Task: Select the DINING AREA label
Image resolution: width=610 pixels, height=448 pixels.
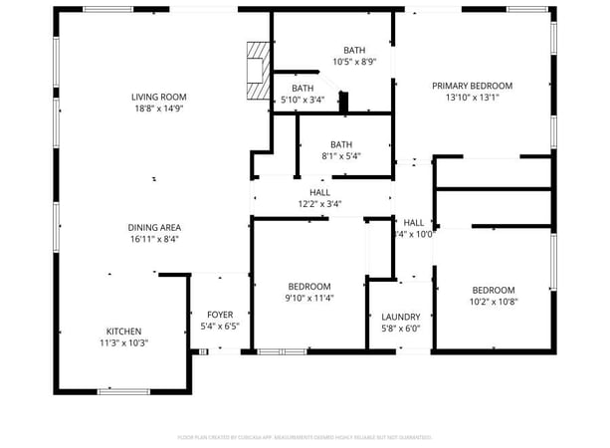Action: tap(154, 227)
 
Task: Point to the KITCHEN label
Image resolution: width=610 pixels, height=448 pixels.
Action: tap(124, 332)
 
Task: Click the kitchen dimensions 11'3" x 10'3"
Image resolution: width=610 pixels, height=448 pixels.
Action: tap(124, 343)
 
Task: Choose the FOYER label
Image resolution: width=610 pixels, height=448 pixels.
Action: tap(220, 315)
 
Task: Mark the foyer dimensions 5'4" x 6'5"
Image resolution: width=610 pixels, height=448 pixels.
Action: tap(220, 327)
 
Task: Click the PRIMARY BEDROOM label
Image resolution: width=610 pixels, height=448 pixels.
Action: tap(472, 86)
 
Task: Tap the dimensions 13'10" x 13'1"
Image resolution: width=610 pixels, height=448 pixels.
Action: tap(472, 98)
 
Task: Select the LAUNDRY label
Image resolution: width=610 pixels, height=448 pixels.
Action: tap(401, 317)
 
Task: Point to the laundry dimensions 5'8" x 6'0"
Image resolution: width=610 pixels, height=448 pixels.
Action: tap(401, 329)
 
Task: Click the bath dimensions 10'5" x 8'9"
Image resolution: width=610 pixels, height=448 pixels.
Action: tap(354, 62)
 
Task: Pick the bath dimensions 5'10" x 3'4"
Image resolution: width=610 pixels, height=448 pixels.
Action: tap(303, 100)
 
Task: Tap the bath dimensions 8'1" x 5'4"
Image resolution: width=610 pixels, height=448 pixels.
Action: tap(341, 155)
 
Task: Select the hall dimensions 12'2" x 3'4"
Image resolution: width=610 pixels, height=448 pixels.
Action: tap(319, 204)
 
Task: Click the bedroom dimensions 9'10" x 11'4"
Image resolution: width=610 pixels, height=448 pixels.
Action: tap(308, 298)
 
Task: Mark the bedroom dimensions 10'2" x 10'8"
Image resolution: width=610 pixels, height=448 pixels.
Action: tap(494, 302)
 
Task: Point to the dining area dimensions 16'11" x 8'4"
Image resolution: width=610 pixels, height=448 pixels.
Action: tap(154, 239)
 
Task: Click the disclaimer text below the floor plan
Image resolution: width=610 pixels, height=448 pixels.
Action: tap(304, 437)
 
